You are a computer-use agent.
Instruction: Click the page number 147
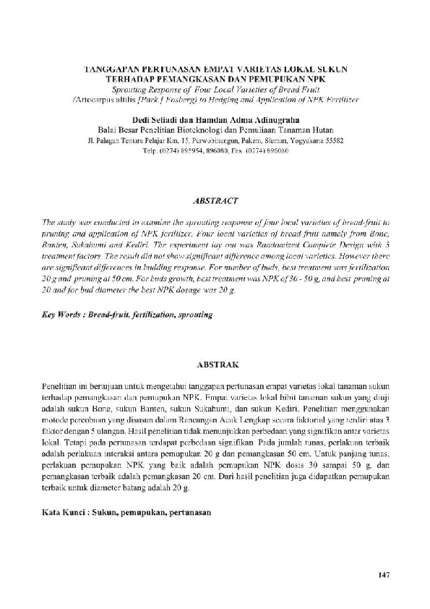click(383, 575)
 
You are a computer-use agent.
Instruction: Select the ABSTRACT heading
click(215, 198)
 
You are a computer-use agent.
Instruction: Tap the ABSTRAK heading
click(215, 365)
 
